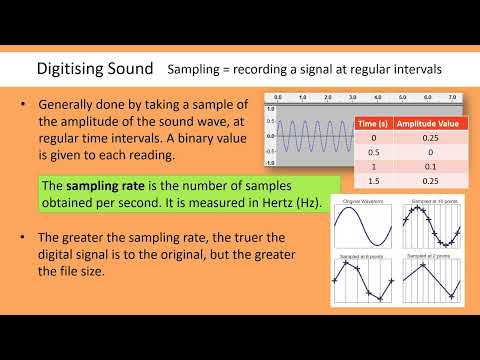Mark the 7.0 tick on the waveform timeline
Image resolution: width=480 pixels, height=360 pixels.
tap(452, 98)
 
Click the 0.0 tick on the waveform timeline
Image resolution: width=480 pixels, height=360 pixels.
tap(277, 98)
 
